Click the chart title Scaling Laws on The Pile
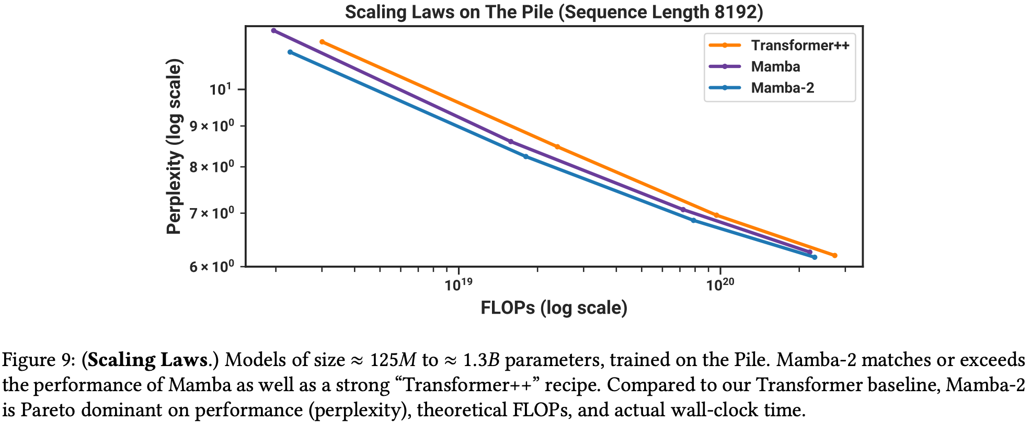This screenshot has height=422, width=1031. point(554,12)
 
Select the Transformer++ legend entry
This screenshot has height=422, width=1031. point(799,45)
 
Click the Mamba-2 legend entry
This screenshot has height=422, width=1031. point(782,88)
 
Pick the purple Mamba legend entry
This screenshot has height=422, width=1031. point(775,67)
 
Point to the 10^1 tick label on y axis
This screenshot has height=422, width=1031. point(220,89)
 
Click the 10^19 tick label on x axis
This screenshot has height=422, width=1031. point(459,284)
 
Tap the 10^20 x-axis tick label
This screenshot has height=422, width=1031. point(720,284)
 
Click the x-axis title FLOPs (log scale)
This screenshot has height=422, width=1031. point(554,307)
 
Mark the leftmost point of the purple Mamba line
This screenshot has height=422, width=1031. point(273,30)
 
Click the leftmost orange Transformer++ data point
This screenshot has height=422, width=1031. point(322,42)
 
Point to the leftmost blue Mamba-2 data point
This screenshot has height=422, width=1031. point(290,52)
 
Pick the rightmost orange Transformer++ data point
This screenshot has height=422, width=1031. point(834,256)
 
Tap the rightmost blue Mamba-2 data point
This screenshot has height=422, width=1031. point(815,257)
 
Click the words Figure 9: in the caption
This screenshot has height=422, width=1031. point(39,360)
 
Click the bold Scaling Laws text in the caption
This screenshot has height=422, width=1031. point(148,360)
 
